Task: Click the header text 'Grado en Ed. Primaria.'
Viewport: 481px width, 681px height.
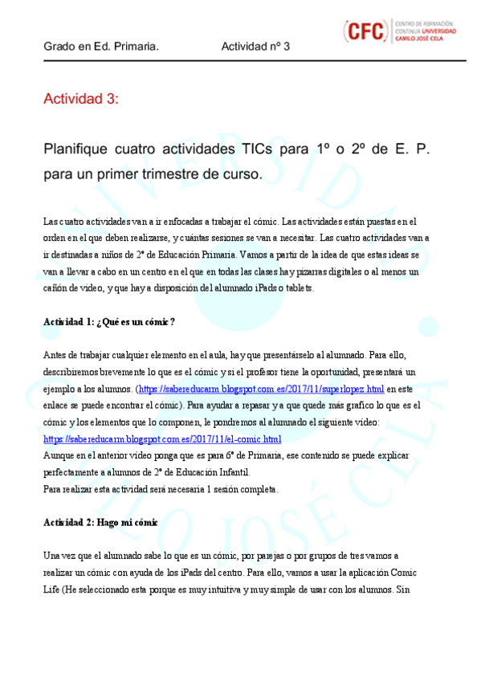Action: click(100, 47)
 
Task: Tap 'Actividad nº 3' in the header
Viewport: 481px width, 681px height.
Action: click(255, 47)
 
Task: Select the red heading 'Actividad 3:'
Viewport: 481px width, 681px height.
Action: click(80, 99)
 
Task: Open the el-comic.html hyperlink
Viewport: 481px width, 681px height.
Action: click(161, 439)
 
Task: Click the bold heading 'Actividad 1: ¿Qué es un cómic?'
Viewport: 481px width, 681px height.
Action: click(108, 322)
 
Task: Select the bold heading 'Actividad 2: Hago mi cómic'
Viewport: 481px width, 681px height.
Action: click(100, 523)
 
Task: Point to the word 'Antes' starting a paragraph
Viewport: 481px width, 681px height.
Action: click(54, 356)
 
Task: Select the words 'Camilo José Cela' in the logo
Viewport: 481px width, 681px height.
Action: click(426, 38)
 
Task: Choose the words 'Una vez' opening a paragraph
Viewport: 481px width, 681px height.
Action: click(60, 556)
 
